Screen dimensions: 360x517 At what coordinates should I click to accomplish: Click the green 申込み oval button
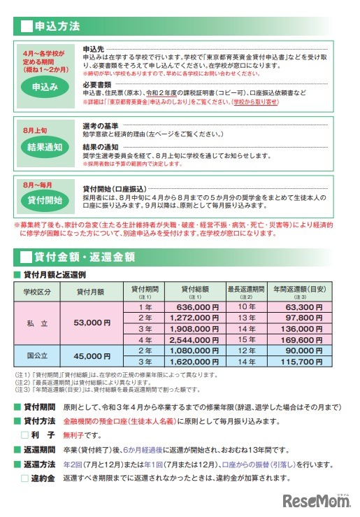coord(44,87)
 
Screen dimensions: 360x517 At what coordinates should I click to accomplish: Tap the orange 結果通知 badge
coord(44,147)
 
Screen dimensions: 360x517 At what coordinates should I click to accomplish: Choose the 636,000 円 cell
coord(198,306)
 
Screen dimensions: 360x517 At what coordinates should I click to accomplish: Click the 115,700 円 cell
coord(308,362)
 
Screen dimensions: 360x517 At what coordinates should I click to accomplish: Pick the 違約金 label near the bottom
coord(44,479)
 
